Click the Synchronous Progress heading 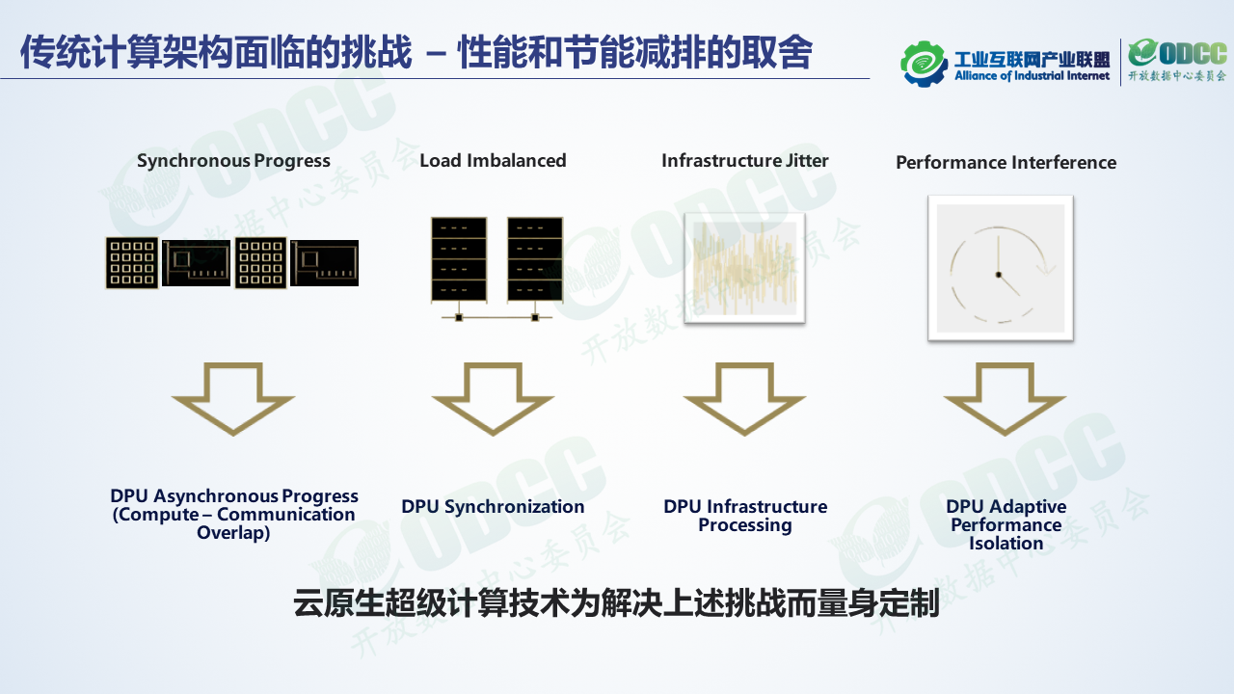pyautogui.click(x=233, y=161)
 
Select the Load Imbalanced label pyautogui.click(x=493, y=161)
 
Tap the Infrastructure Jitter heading pyautogui.click(x=744, y=161)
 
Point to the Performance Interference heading pyautogui.click(x=1006, y=163)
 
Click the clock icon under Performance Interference pyautogui.click(x=1000, y=268)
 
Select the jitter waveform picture pyautogui.click(x=744, y=268)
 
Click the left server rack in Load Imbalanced pyautogui.click(x=459, y=258)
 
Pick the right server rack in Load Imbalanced pyautogui.click(x=534, y=258)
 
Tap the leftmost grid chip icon pyautogui.click(x=132, y=263)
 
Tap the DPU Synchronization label pyautogui.click(x=493, y=507)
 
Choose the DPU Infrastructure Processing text pyautogui.click(x=744, y=516)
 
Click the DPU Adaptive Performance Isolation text pyautogui.click(x=1006, y=524)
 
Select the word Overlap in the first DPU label pyautogui.click(x=233, y=533)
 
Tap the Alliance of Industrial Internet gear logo pyautogui.click(x=925, y=63)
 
